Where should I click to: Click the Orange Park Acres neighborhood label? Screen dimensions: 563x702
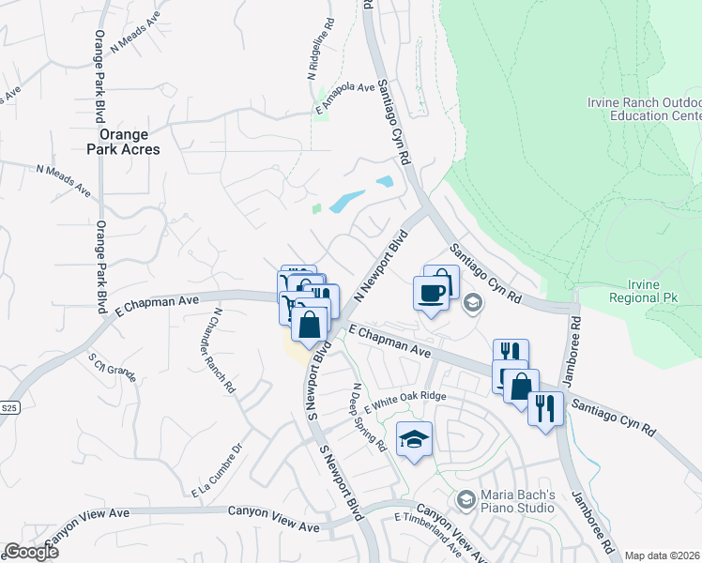[123, 142]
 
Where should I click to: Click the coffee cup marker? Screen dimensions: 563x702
[431, 292]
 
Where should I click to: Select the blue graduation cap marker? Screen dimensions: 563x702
[414, 439]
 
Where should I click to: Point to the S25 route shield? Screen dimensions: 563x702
[9, 408]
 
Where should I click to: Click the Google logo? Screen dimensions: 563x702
[30, 552]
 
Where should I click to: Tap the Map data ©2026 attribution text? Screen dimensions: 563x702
[662, 555]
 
